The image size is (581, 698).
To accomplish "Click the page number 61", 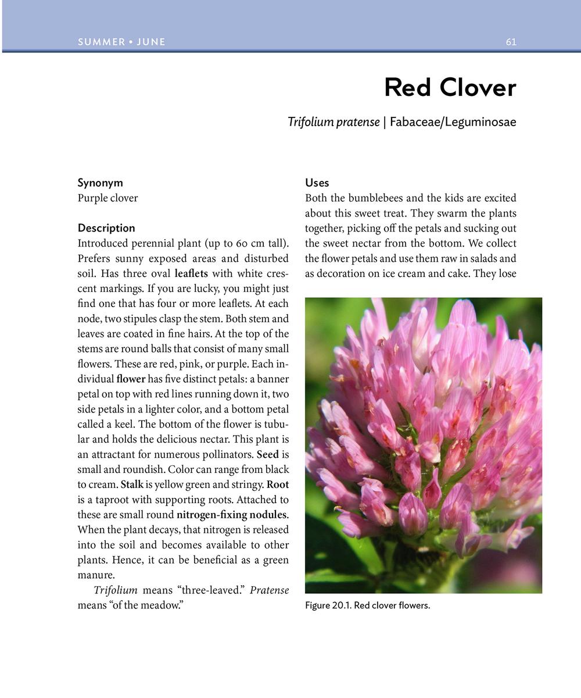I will point(511,42).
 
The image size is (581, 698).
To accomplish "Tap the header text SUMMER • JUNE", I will point(121,42).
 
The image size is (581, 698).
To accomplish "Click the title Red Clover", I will point(450,88).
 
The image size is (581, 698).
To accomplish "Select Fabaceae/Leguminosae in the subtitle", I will point(453,122).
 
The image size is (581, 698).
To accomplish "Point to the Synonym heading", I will point(100,183).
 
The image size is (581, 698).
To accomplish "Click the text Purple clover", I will point(107,198).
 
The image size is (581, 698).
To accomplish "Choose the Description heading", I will point(106,228).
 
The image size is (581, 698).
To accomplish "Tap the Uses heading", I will point(317,183).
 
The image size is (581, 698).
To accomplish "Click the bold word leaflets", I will point(191,273).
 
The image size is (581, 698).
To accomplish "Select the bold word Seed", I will point(267,454).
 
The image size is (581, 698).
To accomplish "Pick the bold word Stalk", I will point(132,485).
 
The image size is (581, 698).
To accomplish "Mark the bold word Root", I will point(277,485).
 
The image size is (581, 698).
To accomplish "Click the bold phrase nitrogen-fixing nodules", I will point(232,515).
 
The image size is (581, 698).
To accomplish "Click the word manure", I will point(95,575).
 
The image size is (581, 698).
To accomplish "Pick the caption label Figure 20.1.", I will point(327,606).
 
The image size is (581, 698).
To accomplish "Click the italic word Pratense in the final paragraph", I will point(269,590).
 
